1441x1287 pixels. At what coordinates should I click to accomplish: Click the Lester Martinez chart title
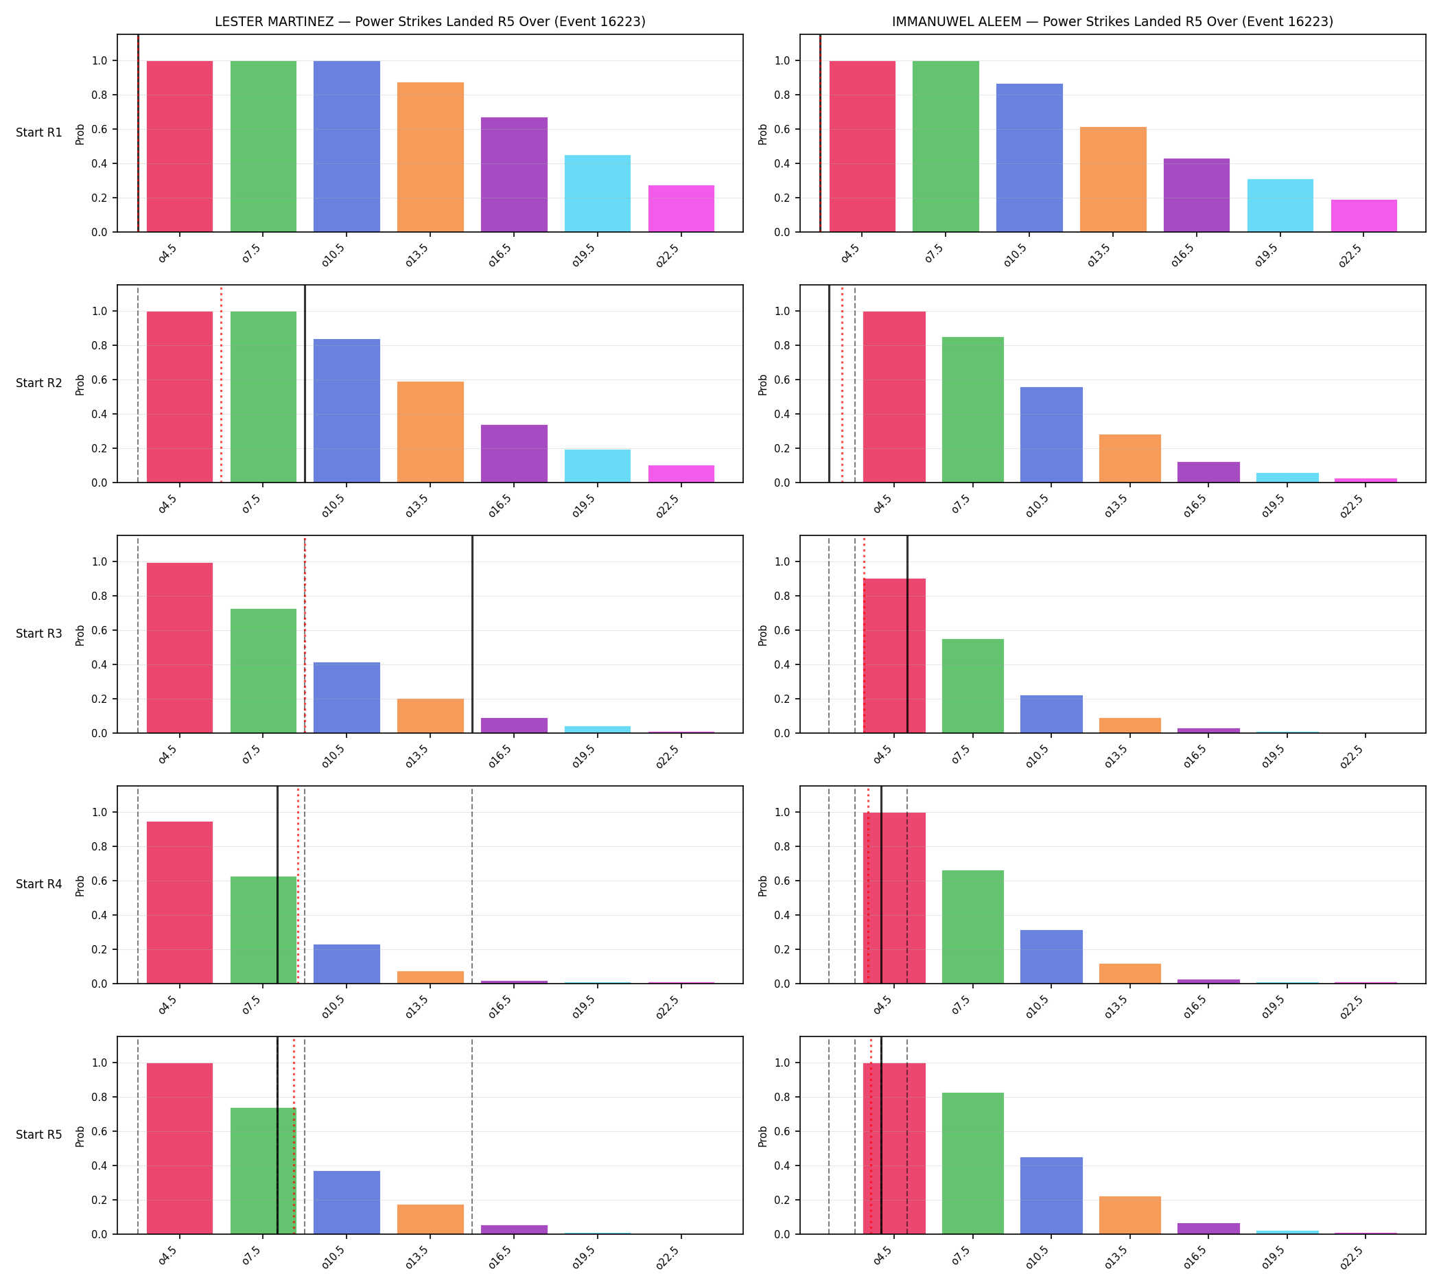(430, 22)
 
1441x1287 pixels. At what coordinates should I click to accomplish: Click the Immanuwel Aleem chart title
(1112, 22)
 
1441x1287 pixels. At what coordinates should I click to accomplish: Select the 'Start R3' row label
(39, 634)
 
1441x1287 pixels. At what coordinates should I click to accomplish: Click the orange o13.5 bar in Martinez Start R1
(430, 157)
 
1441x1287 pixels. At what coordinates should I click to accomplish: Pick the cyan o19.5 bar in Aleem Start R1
(1280, 206)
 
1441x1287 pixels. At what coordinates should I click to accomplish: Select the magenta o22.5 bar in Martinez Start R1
(681, 209)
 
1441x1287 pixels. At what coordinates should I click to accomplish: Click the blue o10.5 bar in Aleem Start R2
(1051, 435)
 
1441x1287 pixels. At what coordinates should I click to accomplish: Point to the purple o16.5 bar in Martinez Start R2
(514, 454)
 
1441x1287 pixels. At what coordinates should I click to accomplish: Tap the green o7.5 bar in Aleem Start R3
(973, 686)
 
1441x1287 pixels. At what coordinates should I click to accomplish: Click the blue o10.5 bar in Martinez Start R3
(347, 698)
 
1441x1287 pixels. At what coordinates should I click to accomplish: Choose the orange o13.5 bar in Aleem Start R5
(1130, 1215)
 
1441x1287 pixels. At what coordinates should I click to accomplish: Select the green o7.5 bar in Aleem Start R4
(973, 927)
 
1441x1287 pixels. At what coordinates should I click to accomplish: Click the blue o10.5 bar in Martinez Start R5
(347, 1202)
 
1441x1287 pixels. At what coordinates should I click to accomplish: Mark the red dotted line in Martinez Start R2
(222, 384)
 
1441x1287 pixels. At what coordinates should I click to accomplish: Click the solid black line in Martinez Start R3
(472, 634)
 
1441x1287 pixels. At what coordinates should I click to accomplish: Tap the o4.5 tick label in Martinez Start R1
(168, 255)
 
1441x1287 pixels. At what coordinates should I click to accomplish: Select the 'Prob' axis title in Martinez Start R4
(80, 886)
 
